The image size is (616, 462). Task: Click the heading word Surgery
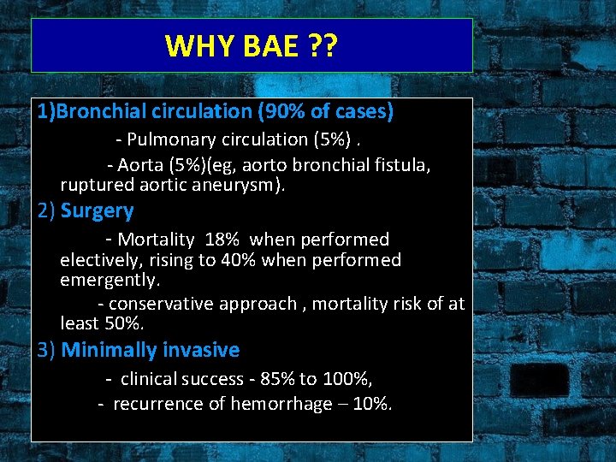98,211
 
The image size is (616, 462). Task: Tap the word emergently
110,281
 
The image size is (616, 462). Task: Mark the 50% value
125,324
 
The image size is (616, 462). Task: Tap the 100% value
346,378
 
